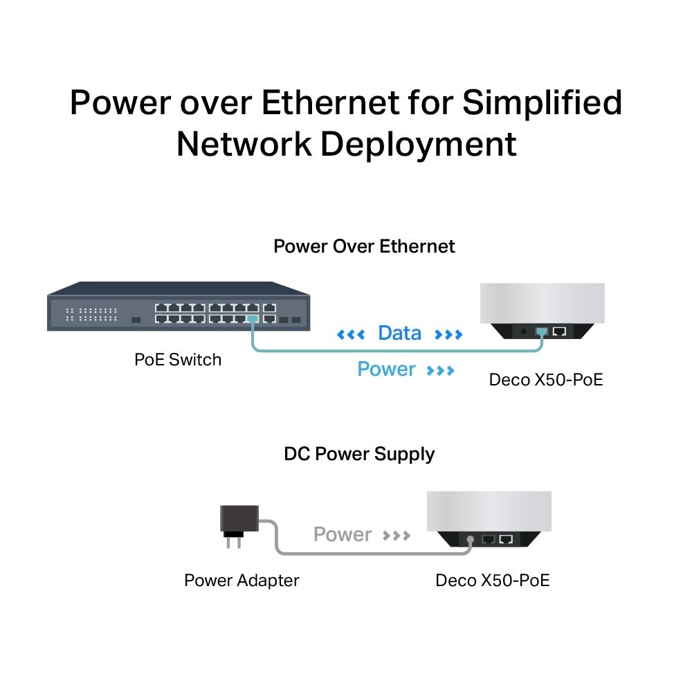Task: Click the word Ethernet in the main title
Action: [331, 102]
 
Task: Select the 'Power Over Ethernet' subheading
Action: [364, 246]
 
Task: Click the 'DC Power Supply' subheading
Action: [359, 454]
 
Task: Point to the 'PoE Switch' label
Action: [178, 359]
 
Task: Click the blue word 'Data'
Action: [399, 334]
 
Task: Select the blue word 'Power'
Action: [386, 370]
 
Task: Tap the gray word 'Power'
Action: [343, 534]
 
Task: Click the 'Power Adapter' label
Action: [242, 580]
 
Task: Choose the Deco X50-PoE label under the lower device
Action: [492, 580]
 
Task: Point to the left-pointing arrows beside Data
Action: [350, 336]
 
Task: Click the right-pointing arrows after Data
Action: [448, 336]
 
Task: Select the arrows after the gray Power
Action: [397, 536]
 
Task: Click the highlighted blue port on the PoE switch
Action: [252, 319]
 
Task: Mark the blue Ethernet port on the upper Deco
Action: [541, 331]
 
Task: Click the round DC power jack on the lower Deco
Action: [471, 538]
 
